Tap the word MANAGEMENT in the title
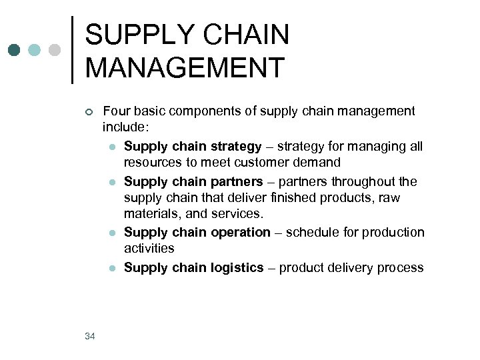pyautogui.click(x=185, y=67)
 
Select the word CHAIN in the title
pyautogui.click(x=251, y=35)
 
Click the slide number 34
pyautogui.click(x=90, y=336)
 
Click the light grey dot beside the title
pyautogui.click(x=55, y=50)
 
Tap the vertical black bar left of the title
pyautogui.click(x=72, y=50)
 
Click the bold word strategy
pyautogui.click(x=236, y=147)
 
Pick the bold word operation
pyautogui.click(x=241, y=233)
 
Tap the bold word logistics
pyautogui.click(x=237, y=268)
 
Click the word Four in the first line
pyautogui.click(x=116, y=111)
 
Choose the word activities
pyautogui.click(x=149, y=249)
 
